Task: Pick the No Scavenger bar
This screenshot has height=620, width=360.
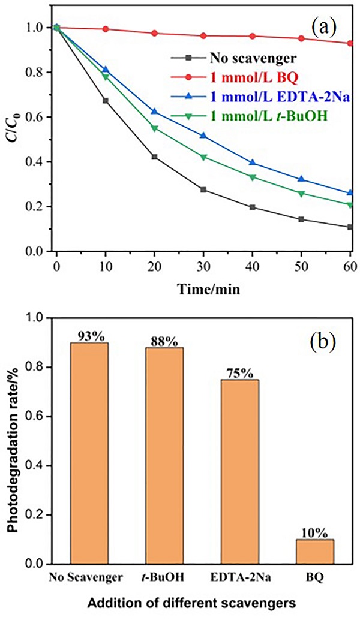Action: pyautogui.click(x=89, y=453)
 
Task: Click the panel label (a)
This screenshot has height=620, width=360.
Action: pyautogui.click(x=325, y=28)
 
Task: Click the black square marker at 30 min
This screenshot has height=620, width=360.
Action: pyautogui.click(x=203, y=189)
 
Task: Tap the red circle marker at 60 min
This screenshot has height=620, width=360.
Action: pyautogui.click(x=350, y=43)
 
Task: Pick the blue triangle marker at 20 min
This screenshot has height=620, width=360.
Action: pyautogui.click(x=155, y=112)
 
